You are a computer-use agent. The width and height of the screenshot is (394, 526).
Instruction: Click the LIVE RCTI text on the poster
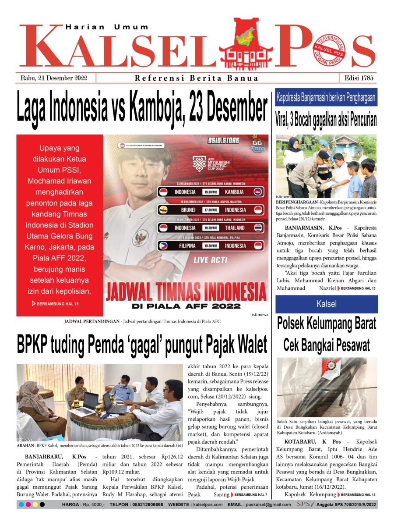point(211,260)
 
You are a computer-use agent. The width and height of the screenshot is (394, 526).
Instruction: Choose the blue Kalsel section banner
point(326,304)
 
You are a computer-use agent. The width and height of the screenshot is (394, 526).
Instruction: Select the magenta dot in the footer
point(28,505)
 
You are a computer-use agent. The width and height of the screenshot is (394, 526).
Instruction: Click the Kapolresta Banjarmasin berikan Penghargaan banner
point(326,98)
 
